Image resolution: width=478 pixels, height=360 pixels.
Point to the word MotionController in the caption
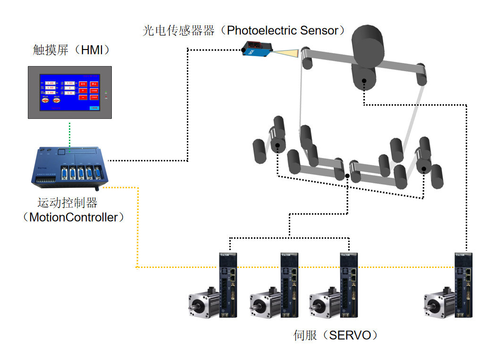(73, 218)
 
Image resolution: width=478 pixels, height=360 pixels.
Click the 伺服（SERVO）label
(335, 335)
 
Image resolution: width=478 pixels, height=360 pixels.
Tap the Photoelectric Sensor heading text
(283, 31)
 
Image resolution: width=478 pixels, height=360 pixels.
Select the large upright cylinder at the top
(367, 42)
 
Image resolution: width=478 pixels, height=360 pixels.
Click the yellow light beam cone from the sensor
(287, 53)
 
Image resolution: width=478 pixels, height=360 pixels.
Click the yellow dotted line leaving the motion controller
(136, 226)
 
